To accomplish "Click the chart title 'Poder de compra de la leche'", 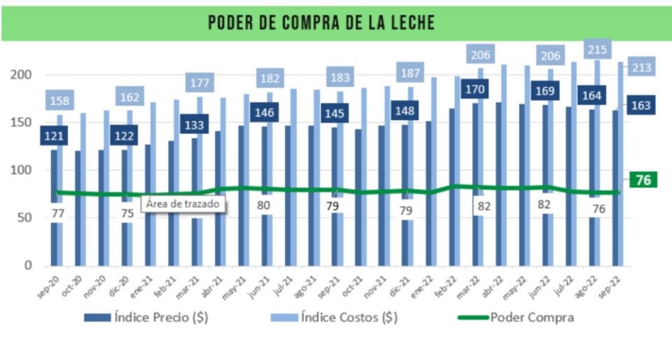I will (x=321, y=22).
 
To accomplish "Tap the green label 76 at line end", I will (x=643, y=180).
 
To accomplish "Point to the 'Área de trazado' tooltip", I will (x=183, y=205).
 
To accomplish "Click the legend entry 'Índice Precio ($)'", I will (x=146, y=317).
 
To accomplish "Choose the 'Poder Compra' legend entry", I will (x=516, y=317).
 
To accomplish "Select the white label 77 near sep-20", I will (x=58, y=213).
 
